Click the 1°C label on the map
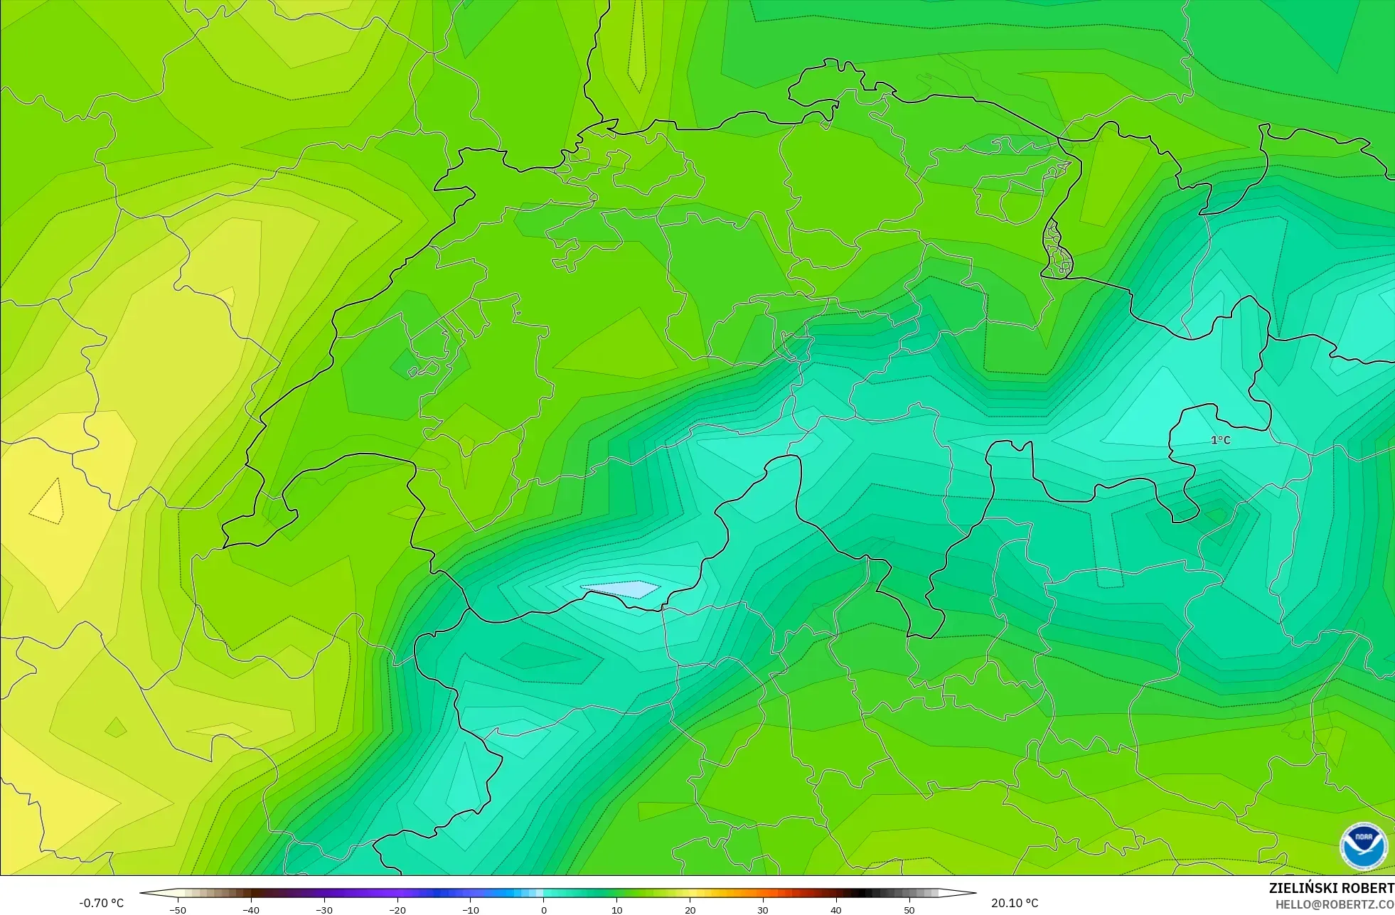click(x=1220, y=440)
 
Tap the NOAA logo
click(x=1363, y=846)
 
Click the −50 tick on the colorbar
click(x=178, y=909)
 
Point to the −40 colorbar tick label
click(x=251, y=909)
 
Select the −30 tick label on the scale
click(x=324, y=909)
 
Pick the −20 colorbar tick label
click(x=397, y=909)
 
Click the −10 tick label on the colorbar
click(x=471, y=909)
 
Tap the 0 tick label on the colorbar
click(x=544, y=909)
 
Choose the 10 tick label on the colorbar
click(x=617, y=909)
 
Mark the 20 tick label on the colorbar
click(x=690, y=909)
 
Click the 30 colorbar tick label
click(x=763, y=909)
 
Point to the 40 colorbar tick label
click(x=836, y=909)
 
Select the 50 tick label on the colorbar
click(x=909, y=909)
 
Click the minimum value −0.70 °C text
click(x=101, y=903)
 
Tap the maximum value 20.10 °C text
click(x=1015, y=903)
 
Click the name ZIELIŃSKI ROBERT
click(x=1331, y=888)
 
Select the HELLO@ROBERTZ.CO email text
click(x=1335, y=904)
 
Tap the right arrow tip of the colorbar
click(x=974, y=893)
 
